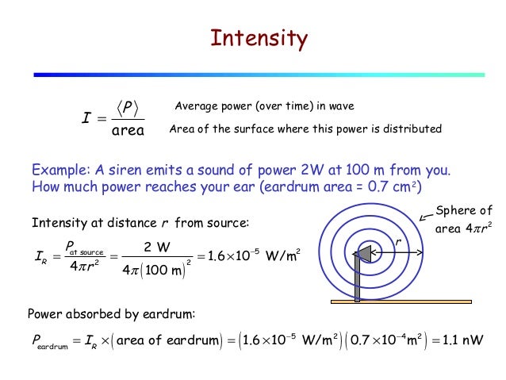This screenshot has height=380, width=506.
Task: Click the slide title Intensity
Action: coord(258,38)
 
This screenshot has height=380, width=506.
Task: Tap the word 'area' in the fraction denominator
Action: coord(126,130)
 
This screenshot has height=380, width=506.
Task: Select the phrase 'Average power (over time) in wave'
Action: coord(264,106)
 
